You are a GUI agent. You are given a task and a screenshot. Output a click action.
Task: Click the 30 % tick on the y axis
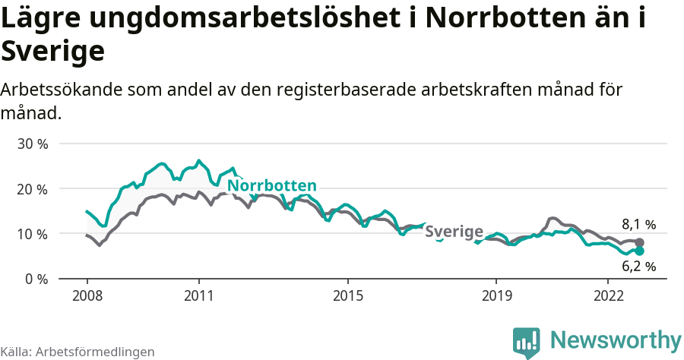click(32, 144)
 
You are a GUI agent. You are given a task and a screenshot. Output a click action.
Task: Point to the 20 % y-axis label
click(32, 188)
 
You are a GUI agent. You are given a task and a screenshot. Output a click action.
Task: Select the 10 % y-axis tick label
click(32, 234)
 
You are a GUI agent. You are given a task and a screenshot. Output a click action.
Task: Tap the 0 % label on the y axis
click(36, 279)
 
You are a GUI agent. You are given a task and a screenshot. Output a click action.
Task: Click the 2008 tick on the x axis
click(87, 295)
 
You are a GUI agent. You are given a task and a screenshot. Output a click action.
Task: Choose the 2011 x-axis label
click(198, 295)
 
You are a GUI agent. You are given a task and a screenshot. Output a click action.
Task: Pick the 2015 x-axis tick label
click(347, 295)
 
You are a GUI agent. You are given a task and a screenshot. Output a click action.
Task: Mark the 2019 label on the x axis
click(496, 295)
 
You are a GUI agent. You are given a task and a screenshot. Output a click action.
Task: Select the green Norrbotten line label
click(272, 186)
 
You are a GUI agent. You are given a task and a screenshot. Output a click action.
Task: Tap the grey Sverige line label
click(454, 232)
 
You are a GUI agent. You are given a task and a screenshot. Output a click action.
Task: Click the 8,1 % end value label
click(638, 224)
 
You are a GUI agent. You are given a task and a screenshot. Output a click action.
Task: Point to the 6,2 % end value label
click(638, 267)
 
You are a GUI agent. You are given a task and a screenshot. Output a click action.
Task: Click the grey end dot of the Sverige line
click(639, 242)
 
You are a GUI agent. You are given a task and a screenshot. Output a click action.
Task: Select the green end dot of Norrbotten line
click(639, 251)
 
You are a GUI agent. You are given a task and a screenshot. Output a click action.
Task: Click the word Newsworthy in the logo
click(616, 339)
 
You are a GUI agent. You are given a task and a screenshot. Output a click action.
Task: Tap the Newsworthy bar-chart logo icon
click(526, 342)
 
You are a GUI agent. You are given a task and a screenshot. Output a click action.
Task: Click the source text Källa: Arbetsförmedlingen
click(78, 352)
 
